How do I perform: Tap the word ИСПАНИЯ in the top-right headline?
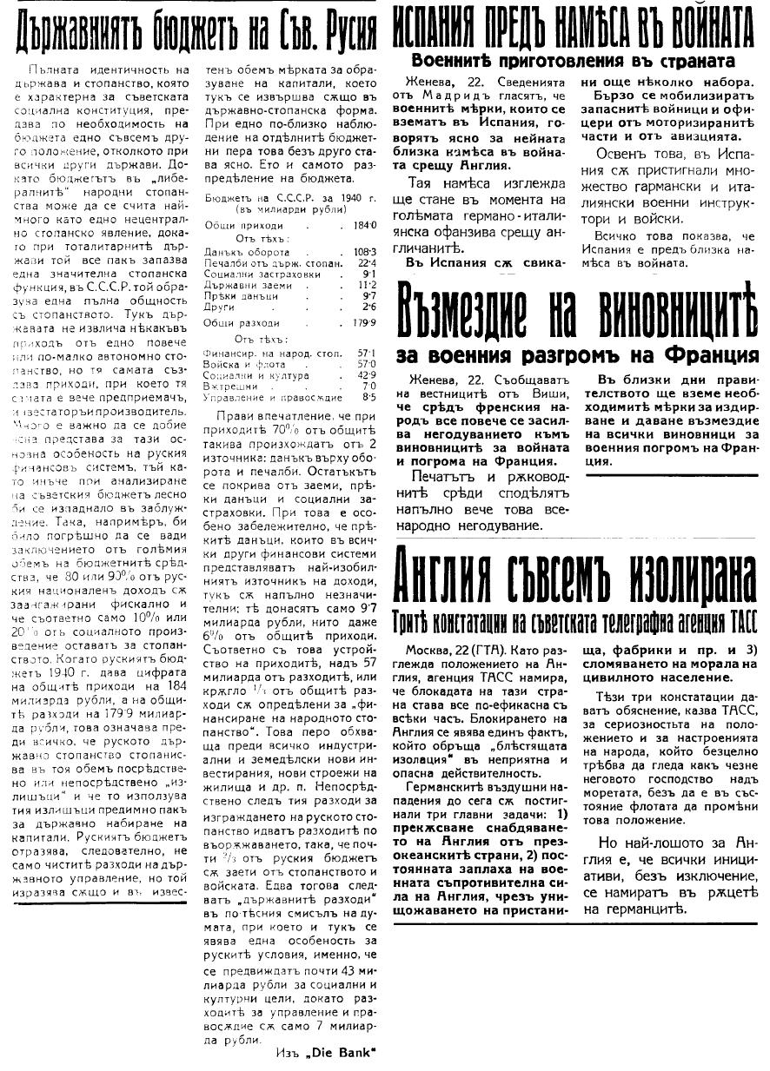coord(440,29)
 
